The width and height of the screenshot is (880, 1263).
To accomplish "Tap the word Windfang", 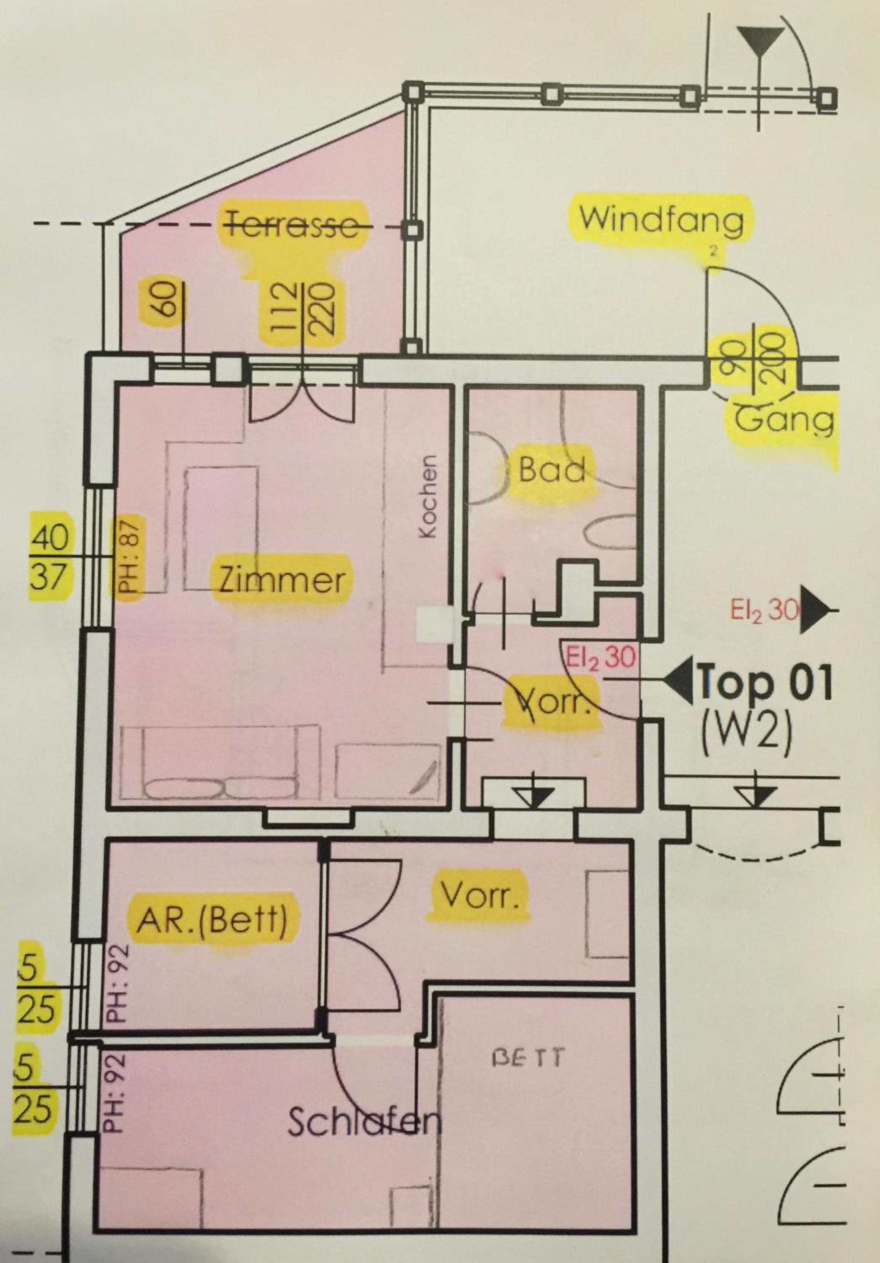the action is (661, 219).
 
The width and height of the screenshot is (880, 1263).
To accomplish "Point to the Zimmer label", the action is (283, 580).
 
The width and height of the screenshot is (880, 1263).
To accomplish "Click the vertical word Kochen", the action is (428, 496).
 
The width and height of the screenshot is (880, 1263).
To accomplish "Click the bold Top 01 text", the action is (765, 683).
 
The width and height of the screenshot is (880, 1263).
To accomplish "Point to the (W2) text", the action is (747, 731).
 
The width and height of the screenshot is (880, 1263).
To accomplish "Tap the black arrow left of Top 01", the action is (680, 683).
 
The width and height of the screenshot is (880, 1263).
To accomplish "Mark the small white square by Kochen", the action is (435, 624).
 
